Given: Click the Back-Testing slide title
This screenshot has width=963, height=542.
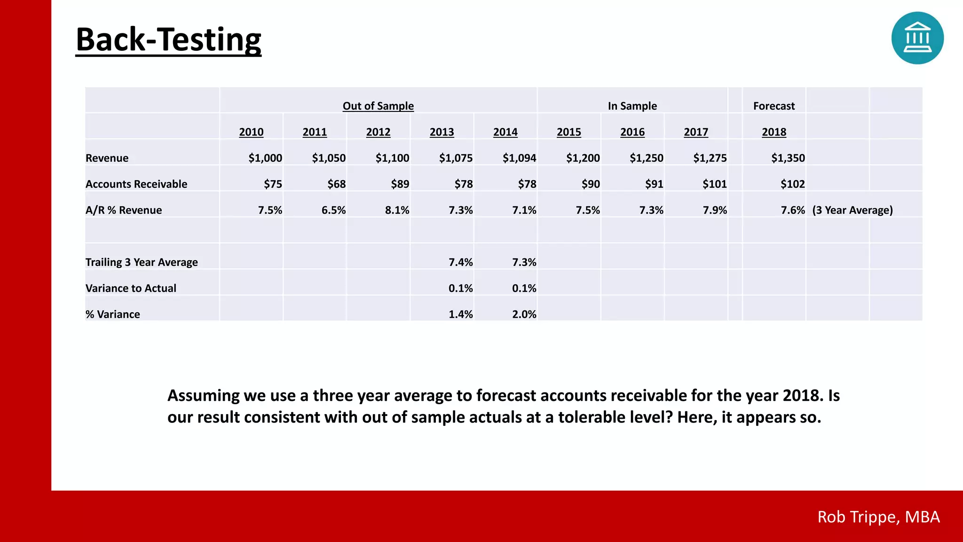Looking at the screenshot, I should tap(168, 40).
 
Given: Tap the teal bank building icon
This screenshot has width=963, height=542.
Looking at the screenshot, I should tap(917, 38).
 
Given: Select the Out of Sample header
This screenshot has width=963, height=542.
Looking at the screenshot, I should tap(378, 106).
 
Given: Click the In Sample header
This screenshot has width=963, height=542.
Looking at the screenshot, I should tap(632, 106).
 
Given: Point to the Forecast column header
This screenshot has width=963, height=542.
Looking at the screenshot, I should tap(774, 106).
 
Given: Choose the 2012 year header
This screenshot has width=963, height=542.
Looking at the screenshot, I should tap(378, 132).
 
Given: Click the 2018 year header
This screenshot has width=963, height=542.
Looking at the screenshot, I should tap(774, 132).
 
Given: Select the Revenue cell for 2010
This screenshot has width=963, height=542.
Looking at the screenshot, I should tap(265, 158).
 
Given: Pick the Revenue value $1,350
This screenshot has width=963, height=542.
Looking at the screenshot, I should tap(788, 158).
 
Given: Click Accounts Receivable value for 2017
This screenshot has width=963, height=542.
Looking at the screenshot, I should tap(714, 184).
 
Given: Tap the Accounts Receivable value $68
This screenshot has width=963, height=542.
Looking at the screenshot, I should tap(336, 184).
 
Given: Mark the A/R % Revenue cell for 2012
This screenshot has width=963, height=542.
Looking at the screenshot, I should tap(397, 210).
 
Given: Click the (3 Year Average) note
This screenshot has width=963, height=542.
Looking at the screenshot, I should tap(852, 210).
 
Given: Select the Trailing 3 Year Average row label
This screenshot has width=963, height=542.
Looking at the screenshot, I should tap(142, 262).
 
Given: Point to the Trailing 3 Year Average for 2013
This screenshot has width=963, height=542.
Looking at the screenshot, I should tap(460, 262).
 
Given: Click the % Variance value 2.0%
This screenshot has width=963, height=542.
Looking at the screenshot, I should tap(524, 314).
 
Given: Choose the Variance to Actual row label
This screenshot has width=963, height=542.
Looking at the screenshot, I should tap(131, 288).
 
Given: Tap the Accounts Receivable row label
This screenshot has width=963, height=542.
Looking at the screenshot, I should tap(136, 184).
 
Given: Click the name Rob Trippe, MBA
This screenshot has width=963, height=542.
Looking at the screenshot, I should tap(878, 517).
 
